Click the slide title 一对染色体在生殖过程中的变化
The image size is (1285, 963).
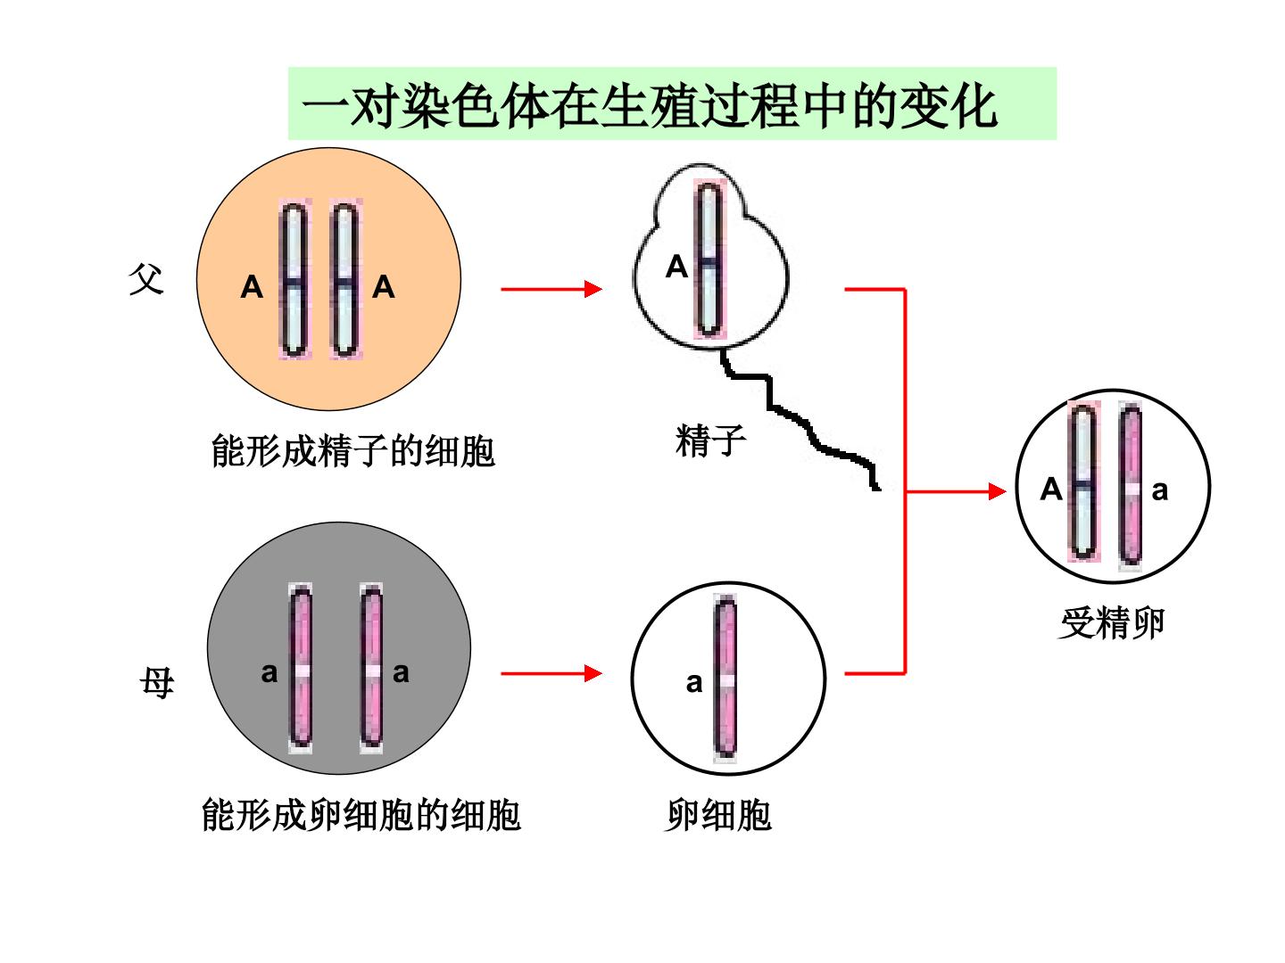click(x=649, y=105)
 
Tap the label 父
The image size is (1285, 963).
click(x=145, y=279)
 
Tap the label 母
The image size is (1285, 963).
click(x=157, y=682)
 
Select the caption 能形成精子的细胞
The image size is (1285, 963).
click(x=353, y=451)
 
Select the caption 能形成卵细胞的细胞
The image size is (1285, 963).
click(x=361, y=814)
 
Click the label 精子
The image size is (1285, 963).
click(x=710, y=440)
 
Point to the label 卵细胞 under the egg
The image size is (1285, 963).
click(x=718, y=814)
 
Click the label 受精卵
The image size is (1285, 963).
click(x=1112, y=623)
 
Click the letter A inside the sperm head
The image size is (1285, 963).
click(x=676, y=267)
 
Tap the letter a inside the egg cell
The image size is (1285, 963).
click(x=693, y=683)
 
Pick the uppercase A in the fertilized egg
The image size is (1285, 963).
click(x=1051, y=489)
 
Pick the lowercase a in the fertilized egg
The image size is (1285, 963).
click(x=1159, y=491)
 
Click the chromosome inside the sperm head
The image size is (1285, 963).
click(x=709, y=259)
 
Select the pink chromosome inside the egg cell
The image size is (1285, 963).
click(x=725, y=679)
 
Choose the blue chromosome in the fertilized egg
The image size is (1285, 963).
click(x=1083, y=481)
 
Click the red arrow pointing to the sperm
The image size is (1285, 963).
click(x=551, y=289)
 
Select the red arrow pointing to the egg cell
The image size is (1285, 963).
click(x=551, y=673)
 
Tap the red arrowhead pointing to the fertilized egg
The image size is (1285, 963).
click(x=998, y=491)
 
